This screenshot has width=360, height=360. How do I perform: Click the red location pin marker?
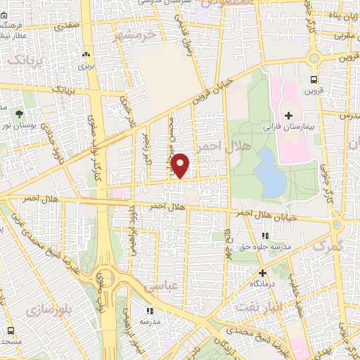(x=181, y=165)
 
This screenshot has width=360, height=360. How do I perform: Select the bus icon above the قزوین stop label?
(x=314, y=79)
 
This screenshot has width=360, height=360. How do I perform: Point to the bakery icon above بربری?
(x=86, y=54)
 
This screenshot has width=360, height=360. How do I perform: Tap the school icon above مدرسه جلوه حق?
(x=265, y=236)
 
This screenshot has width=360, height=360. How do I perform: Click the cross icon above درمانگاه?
(x=263, y=273)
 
